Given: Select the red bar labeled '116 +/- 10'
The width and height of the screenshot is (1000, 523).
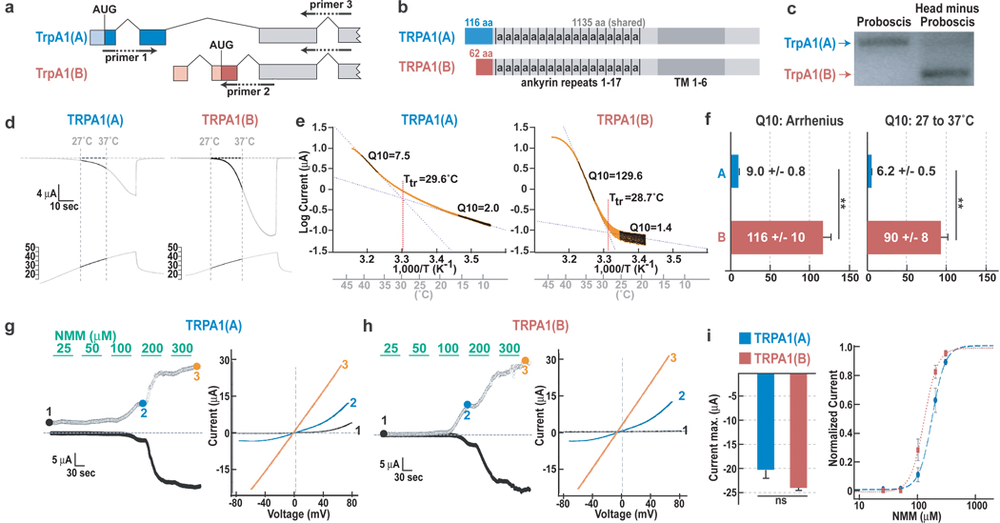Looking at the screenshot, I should coord(775,235).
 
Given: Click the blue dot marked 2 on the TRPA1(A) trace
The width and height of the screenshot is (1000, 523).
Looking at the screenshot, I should coord(143,404).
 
